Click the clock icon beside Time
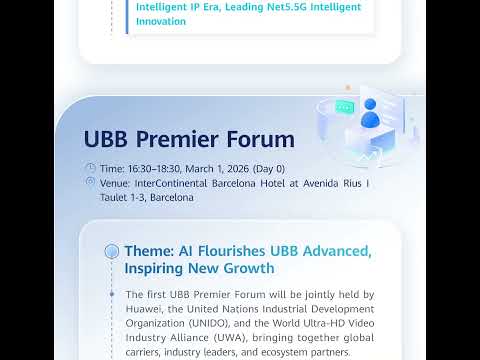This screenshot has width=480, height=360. point(91,168)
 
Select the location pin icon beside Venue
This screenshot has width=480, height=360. point(91,183)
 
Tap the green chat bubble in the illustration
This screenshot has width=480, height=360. point(345,106)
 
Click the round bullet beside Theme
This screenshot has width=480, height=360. point(112,251)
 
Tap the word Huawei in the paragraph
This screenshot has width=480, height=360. point(147,308)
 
